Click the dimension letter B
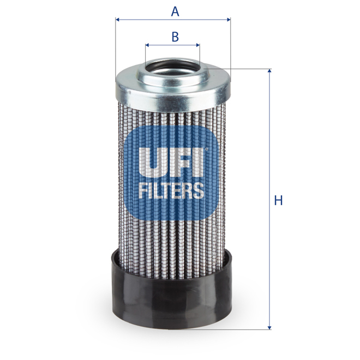[x=175, y=37]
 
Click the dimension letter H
[x=279, y=201]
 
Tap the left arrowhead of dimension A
[x=118, y=20]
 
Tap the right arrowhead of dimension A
[x=228, y=20]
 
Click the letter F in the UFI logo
[x=179, y=163]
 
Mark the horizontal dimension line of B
[x=172, y=46]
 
